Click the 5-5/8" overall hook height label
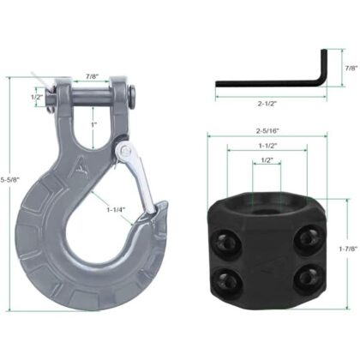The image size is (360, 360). pos(9,180)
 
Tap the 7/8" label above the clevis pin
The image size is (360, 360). pos(93,76)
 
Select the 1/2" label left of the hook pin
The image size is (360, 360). pos(37,97)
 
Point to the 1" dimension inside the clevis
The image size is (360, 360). pos(93,125)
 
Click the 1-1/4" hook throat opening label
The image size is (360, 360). pos(116,209)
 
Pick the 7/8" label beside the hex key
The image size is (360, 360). pos(351,68)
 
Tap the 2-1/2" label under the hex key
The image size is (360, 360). pos(267,104)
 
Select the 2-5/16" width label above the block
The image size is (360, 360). pos(267,131)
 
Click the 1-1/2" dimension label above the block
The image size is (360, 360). pos(268,146)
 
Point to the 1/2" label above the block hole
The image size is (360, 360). pos(267,160)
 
